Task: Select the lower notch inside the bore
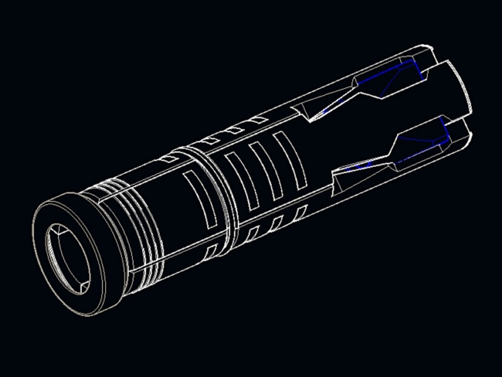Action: (84, 287)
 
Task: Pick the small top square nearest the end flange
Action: (170, 159)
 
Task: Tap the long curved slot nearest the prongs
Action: (290, 161)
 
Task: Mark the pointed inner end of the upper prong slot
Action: (310, 120)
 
